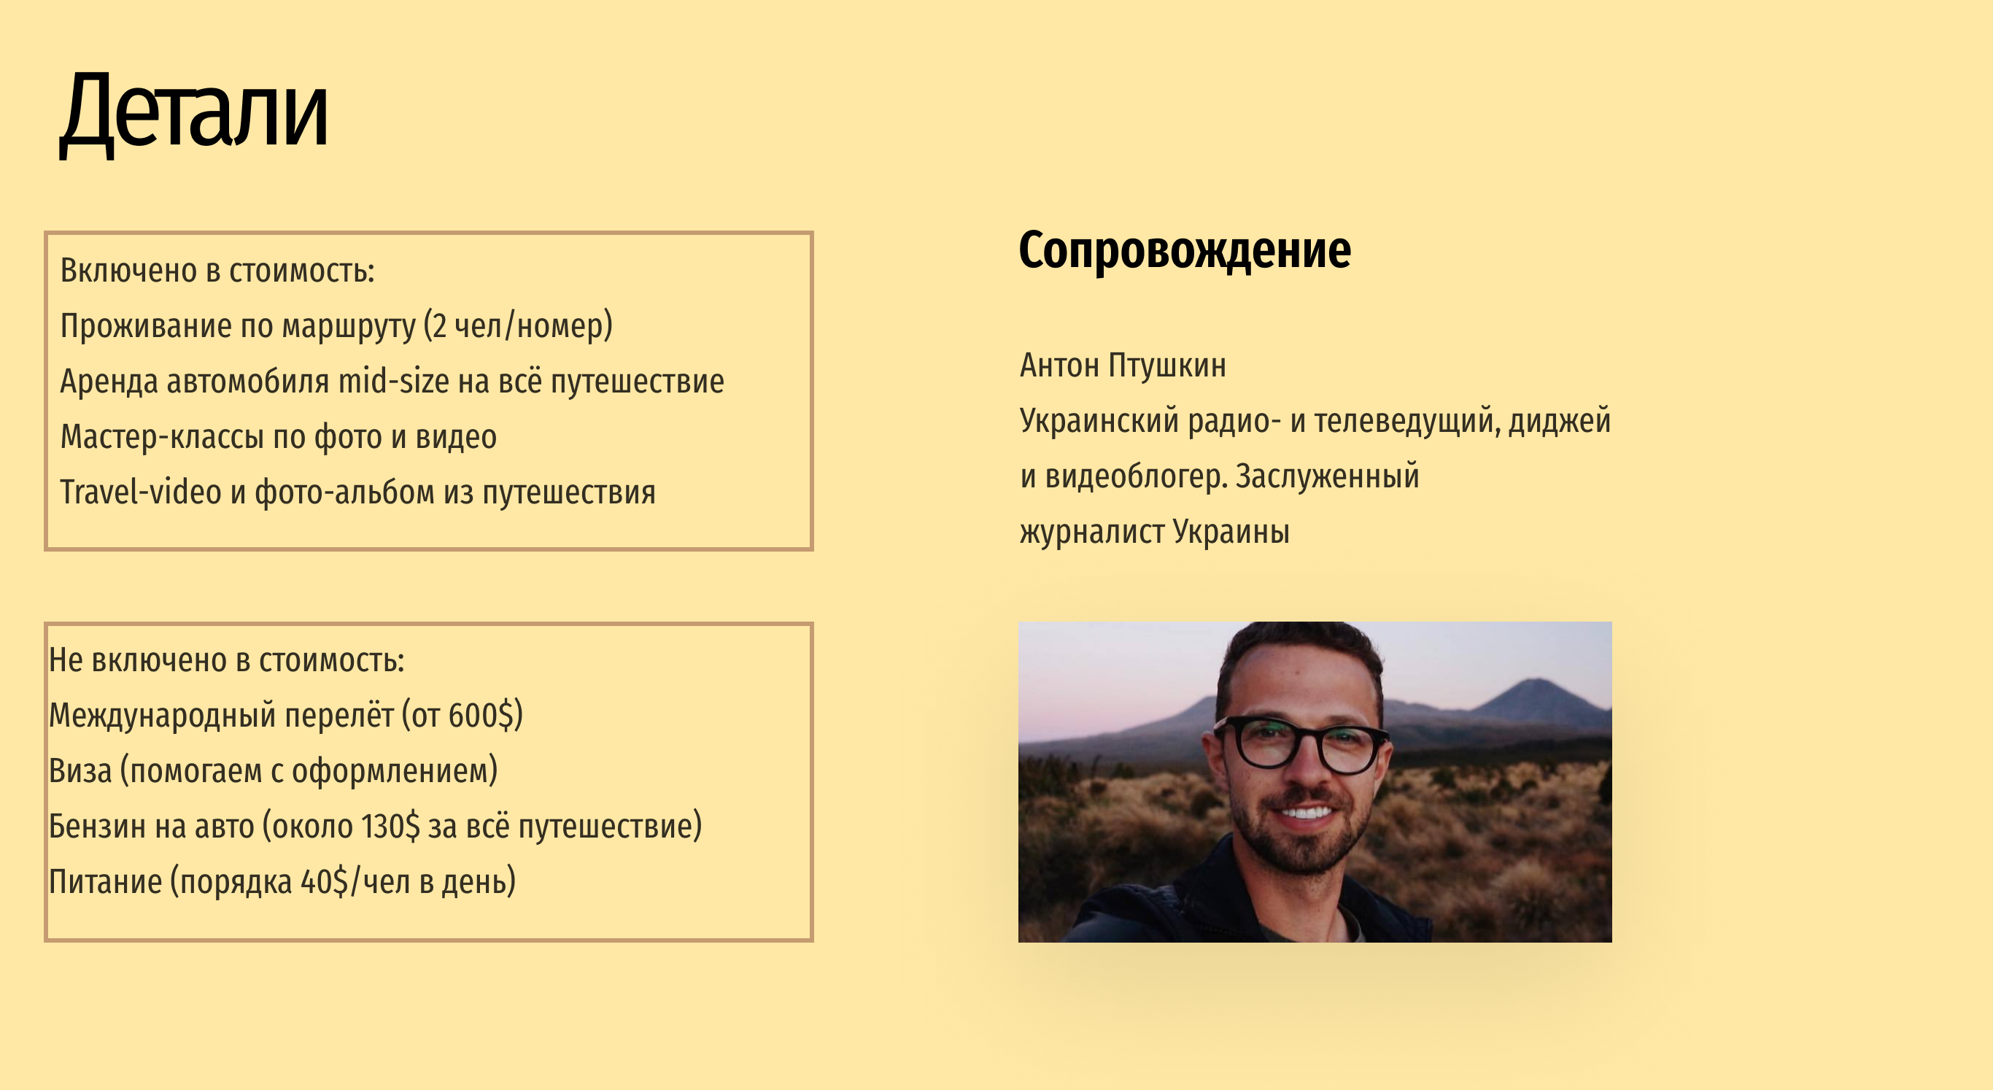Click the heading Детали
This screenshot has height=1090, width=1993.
click(194, 113)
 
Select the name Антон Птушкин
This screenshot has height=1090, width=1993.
click(1123, 365)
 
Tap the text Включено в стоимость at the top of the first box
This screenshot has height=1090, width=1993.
click(217, 271)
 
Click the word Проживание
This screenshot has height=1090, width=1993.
click(146, 326)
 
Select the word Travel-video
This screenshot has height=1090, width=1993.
click(141, 492)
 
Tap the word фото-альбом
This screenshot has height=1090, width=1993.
click(345, 492)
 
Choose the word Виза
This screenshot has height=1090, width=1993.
click(80, 770)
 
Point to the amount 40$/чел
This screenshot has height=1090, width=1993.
click(355, 882)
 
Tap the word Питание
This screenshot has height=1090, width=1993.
click(105, 882)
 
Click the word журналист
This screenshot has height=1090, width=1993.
click(1091, 533)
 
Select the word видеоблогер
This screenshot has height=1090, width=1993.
click(1136, 476)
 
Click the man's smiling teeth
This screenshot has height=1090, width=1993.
click(1304, 812)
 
